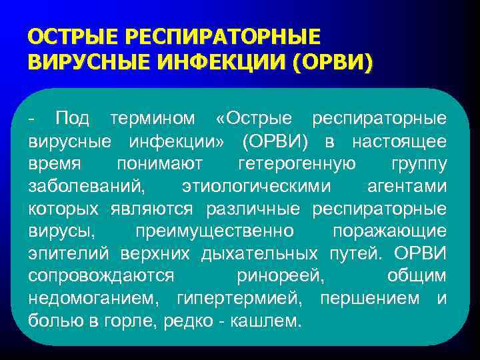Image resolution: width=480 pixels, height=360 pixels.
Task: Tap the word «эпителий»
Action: coord(70,255)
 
